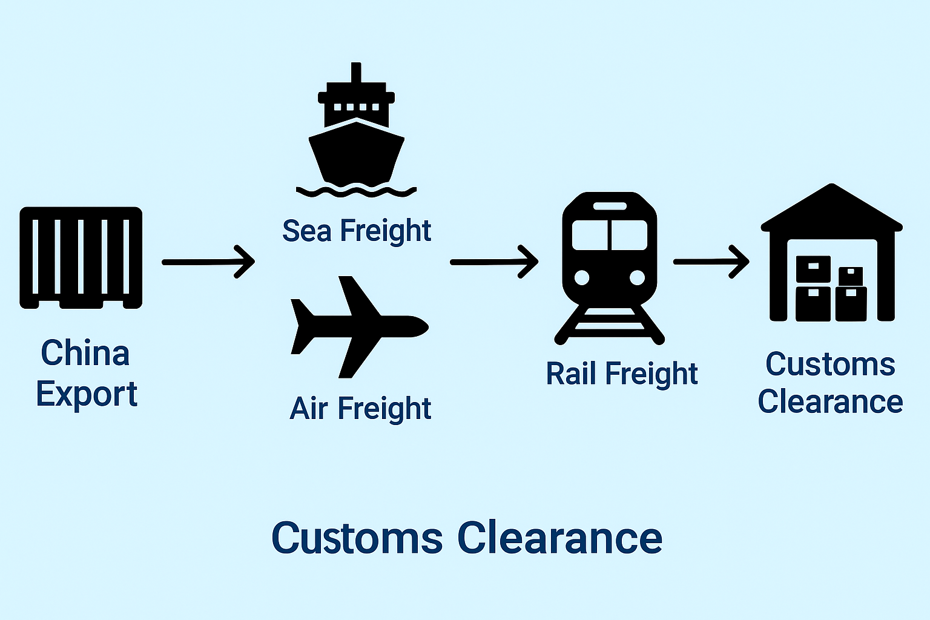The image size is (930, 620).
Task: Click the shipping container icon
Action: [x=81, y=258]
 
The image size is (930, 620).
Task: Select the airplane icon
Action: [x=357, y=327]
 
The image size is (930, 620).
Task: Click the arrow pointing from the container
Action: [x=208, y=262]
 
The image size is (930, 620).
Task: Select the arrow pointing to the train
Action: [x=494, y=262]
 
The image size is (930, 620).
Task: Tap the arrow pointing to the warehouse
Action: [x=711, y=262]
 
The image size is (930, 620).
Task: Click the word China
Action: [x=85, y=353]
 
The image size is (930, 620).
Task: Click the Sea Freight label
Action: [x=357, y=231]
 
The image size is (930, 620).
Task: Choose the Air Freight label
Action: [x=360, y=409]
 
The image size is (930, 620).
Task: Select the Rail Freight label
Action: [x=622, y=374]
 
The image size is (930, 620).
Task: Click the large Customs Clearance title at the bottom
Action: [x=466, y=538]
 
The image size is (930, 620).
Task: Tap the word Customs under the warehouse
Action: [x=830, y=364]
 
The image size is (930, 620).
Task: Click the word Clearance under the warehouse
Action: [x=830, y=402]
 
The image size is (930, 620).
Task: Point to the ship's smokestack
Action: [x=356, y=73]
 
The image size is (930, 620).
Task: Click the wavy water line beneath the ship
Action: [x=356, y=192]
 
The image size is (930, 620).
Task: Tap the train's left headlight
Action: [x=581, y=277]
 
